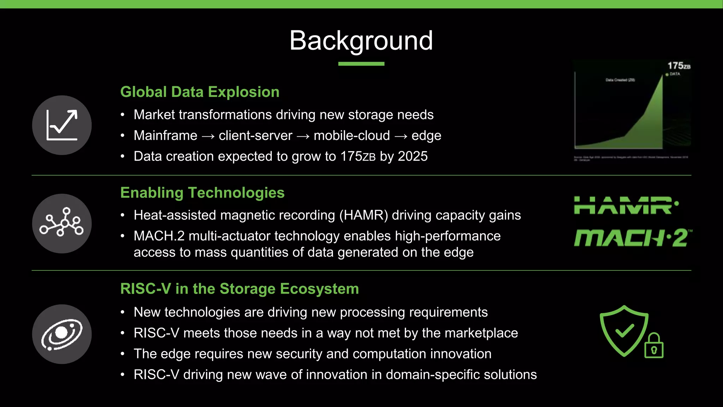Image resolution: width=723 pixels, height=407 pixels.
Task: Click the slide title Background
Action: [x=361, y=41]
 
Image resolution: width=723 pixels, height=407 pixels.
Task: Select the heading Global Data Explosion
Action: [x=200, y=92]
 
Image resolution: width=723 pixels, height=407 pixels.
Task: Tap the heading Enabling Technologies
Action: [x=202, y=193]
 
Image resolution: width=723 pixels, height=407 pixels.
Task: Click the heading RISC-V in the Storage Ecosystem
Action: [x=239, y=289]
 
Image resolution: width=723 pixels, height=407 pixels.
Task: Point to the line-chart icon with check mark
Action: [x=62, y=125]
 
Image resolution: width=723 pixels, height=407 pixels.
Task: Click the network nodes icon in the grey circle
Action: [x=62, y=223]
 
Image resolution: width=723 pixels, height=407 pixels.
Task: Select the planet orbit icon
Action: [x=62, y=334]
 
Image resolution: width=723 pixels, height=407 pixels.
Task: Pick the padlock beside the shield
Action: [x=654, y=346]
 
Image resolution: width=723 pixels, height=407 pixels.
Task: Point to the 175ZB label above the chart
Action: [x=679, y=66]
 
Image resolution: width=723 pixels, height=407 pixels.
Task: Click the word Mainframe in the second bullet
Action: [x=165, y=136]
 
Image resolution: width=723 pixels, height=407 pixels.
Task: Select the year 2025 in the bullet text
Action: [x=413, y=156]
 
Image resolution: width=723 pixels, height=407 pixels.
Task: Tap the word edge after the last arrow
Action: [x=426, y=136]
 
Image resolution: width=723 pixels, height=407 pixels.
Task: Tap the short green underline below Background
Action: [x=361, y=64]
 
